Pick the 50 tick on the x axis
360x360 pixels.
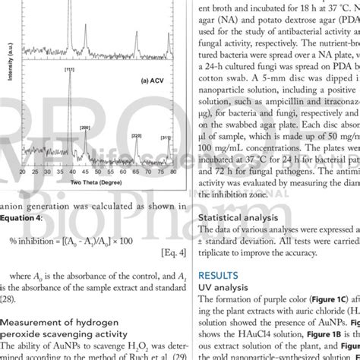98,172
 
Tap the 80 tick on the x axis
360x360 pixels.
174,172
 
